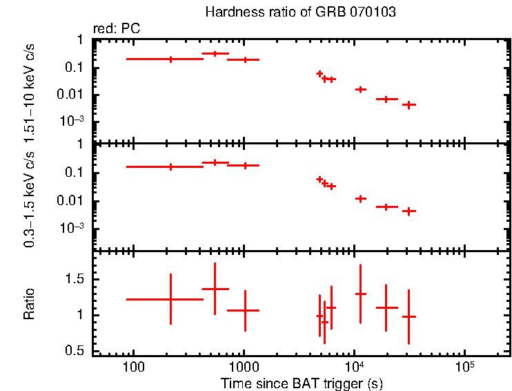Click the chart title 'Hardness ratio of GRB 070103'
click(300, 12)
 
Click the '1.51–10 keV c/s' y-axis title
click(30, 90)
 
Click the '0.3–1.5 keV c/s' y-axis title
click(30, 198)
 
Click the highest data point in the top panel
click(215, 53)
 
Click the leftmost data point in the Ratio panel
click(170, 299)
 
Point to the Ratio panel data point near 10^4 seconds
click(360, 294)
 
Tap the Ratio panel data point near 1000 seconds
click(244, 310)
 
